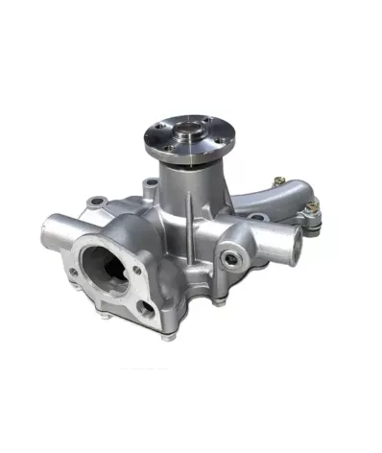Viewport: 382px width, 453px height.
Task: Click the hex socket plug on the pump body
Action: [x=227, y=257]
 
